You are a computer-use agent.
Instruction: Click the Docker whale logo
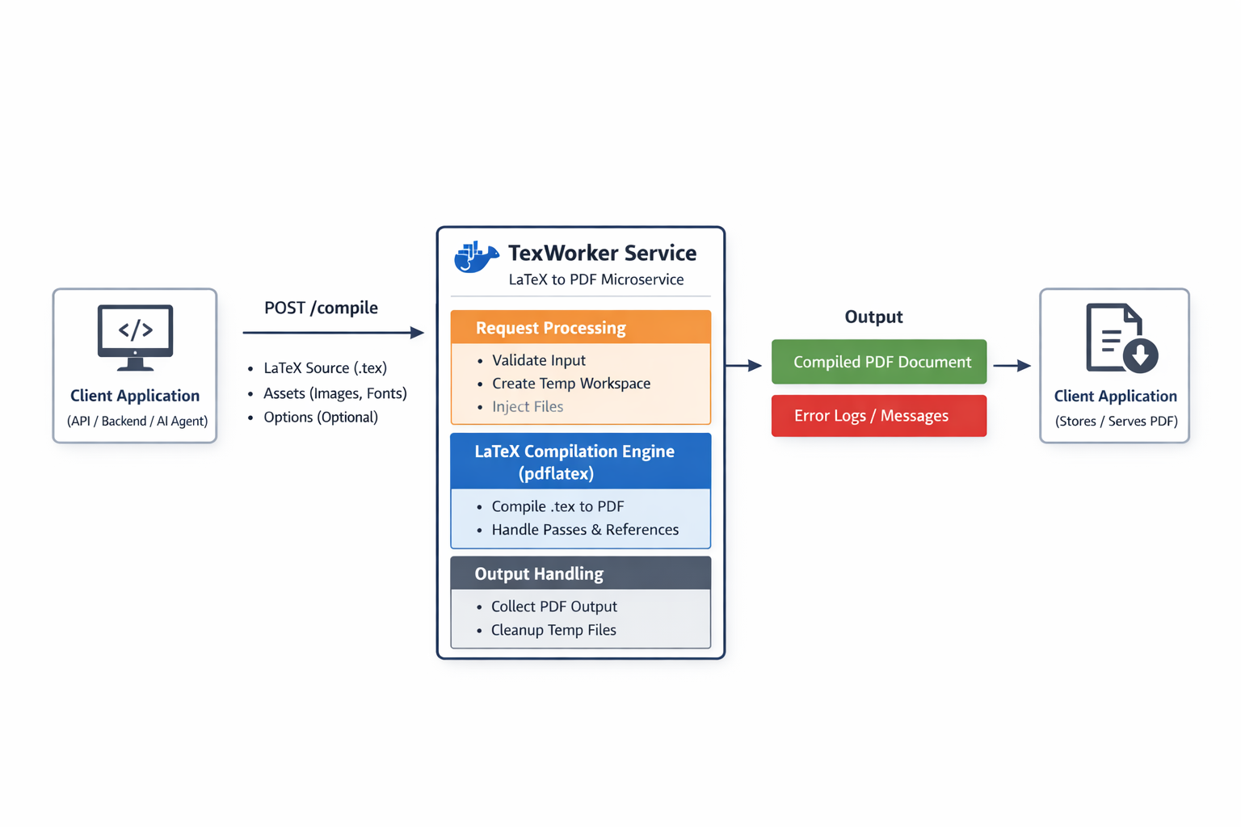(x=476, y=257)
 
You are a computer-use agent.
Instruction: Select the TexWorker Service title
(x=602, y=253)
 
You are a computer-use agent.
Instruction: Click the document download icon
(x=1120, y=338)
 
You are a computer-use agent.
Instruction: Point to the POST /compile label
(x=321, y=308)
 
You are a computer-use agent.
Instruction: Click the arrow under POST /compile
(x=333, y=332)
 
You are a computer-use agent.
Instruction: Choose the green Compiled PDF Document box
(x=879, y=362)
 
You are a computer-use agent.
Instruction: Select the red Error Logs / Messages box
(x=879, y=416)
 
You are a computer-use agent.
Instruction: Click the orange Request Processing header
(x=580, y=328)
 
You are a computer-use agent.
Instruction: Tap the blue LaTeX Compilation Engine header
(x=580, y=462)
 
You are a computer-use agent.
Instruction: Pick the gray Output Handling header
(x=580, y=573)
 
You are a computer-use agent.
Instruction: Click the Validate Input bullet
(x=538, y=360)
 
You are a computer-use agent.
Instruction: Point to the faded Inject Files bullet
(x=527, y=406)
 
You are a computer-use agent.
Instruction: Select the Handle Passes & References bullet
(x=585, y=530)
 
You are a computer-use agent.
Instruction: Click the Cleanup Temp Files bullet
(x=553, y=630)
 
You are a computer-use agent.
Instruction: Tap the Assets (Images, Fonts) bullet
(x=334, y=393)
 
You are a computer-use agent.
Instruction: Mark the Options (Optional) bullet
(x=320, y=418)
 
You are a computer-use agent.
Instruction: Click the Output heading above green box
(x=873, y=317)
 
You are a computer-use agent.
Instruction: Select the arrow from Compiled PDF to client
(x=1012, y=366)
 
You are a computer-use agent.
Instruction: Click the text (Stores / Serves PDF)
(x=1116, y=421)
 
